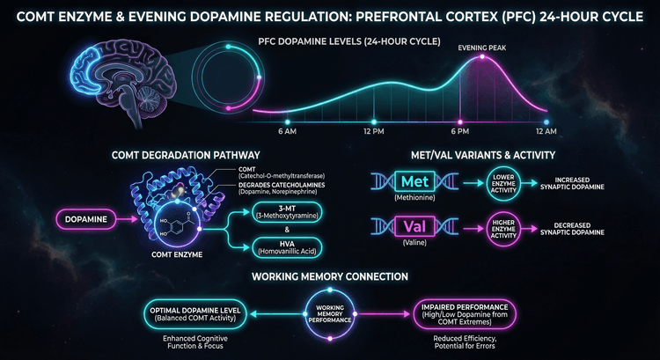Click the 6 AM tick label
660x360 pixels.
[x=287, y=131]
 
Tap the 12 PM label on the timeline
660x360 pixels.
[x=373, y=131]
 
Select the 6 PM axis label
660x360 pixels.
[x=458, y=131]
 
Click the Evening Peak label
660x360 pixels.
[x=480, y=48]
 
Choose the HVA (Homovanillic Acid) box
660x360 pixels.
[x=287, y=246]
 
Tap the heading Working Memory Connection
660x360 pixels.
[x=329, y=276]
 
